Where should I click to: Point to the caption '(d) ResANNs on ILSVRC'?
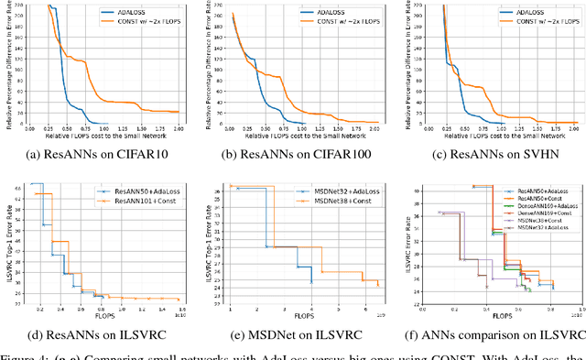[101, 335]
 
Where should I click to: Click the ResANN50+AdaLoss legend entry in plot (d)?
[137, 190]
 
